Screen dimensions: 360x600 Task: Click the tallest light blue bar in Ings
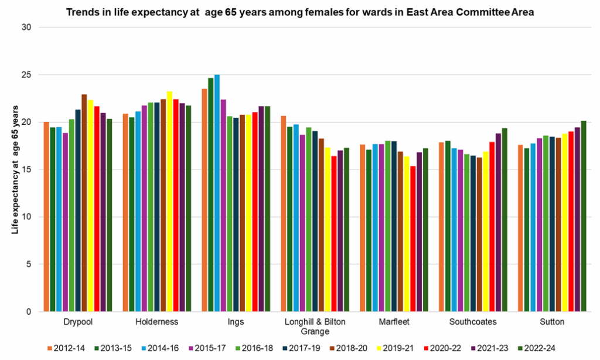(217, 193)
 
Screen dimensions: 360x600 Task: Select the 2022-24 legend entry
(536, 348)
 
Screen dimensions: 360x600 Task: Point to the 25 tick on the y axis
(28, 75)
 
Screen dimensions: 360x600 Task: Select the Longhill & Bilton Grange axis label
(315, 327)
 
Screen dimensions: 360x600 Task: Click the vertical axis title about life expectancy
(15, 170)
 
